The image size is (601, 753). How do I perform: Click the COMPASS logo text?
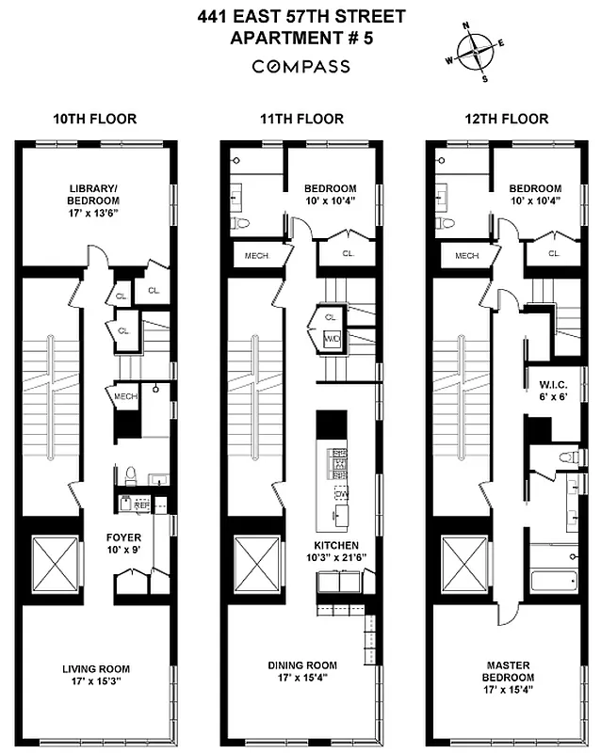point(300,67)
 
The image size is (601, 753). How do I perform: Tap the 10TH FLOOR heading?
point(94,119)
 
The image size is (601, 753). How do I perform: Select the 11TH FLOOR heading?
point(300,119)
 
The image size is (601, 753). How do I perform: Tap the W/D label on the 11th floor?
point(332,339)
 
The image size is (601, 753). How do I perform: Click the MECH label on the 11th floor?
point(256,255)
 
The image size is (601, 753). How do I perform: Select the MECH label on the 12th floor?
point(466,255)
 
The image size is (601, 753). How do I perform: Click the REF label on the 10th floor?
point(141,505)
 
